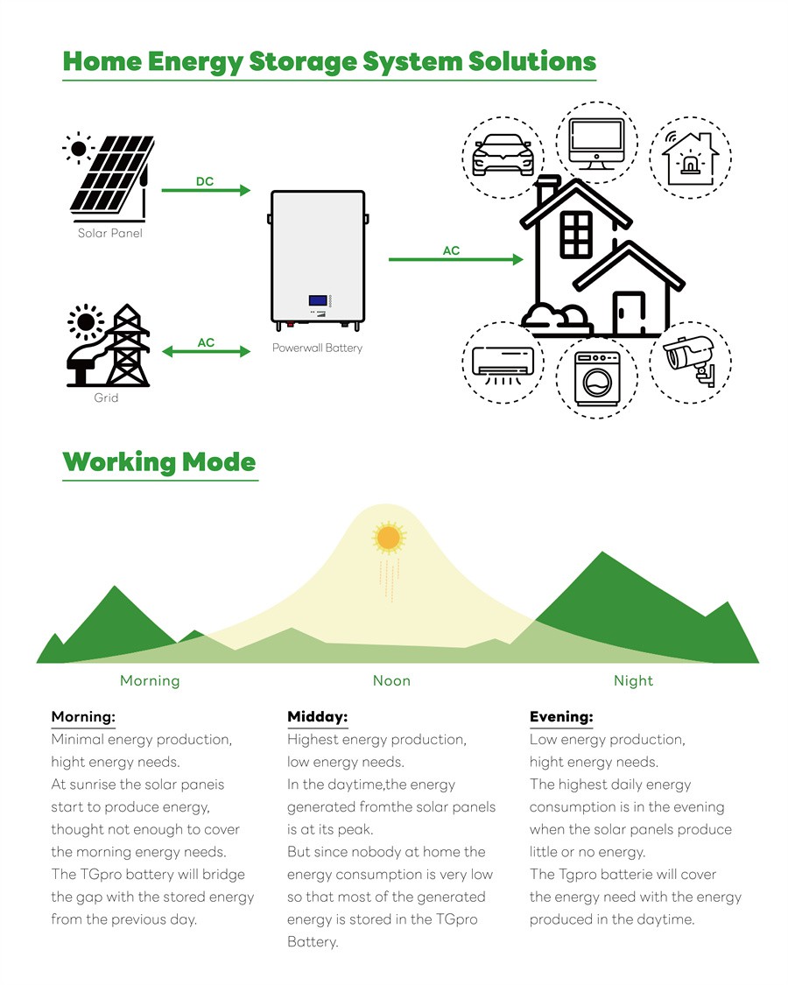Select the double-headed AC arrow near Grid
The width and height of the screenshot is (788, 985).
[x=207, y=352]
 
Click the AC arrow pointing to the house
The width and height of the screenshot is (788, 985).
[x=455, y=259]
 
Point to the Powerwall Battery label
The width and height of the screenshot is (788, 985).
[x=317, y=348]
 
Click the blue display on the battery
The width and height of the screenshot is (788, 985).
[x=317, y=302]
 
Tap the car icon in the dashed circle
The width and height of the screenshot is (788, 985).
[x=503, y=155]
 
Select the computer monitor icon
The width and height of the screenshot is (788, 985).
[x=595, y=143]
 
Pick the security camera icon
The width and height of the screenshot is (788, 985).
[x=691, y=359]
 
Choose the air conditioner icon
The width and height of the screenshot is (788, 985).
[x=503, y=362]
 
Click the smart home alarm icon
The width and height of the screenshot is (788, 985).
[x=689, y=158]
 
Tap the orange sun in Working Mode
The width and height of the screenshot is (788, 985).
[x=388, y=536]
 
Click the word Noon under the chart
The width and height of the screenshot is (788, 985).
[x=391, y=680]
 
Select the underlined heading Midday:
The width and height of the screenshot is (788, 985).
[x=317, y=717]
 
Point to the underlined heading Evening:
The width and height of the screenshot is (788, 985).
[x=561, y=717]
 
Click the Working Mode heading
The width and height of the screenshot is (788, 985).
[x=159, y=461]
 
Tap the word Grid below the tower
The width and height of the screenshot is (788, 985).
[x=106, y=398]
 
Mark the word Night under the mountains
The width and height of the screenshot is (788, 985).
[x=633, y=680]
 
